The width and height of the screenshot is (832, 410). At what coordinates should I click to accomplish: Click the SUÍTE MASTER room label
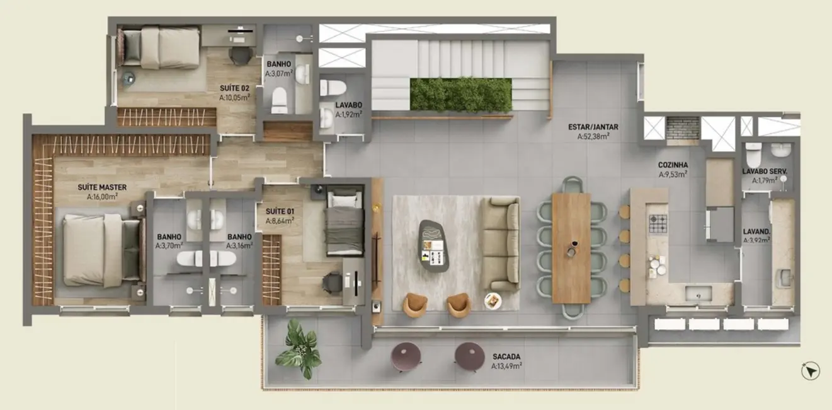(x=102, y=187)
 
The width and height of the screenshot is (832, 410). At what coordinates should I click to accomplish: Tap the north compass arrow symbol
(x=811, y=371)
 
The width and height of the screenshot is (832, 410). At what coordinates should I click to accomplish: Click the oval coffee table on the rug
(x=434, y=245)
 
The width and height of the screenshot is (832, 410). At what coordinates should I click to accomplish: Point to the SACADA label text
(x=507, y=356)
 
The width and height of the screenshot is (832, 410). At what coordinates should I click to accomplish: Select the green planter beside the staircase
(x=460, y=95)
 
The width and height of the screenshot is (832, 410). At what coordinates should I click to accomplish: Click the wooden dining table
(x=571, y=247)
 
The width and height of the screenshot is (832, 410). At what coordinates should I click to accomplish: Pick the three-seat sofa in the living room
(x=501, y=243)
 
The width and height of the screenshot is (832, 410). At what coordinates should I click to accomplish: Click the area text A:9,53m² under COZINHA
(x=673, y=175)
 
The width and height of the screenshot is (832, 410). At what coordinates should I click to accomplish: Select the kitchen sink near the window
(x=698, y=293)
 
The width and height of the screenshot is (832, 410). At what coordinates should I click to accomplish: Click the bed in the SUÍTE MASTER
(x=101, y=250)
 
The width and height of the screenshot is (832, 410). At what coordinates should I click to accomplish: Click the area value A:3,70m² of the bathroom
(x=169, y=245)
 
